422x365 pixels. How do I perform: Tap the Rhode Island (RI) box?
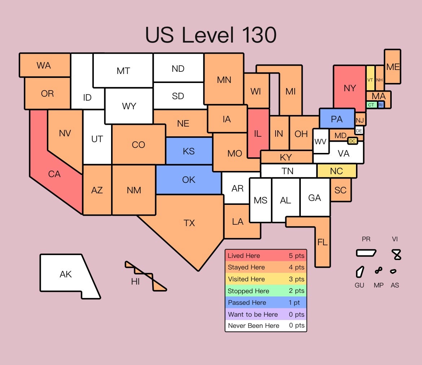(381, 105)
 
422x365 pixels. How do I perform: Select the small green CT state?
(371, 105)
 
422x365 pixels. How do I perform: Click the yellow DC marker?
(352, 141)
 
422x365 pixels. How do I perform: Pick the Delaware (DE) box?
(359, 131)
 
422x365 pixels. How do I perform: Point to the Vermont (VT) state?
(370, 80)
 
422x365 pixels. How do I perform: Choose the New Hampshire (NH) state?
(379, 80)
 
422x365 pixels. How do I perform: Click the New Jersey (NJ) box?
(360, 120)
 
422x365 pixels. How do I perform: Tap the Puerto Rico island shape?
(366, 253)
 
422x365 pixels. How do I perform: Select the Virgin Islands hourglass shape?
(397, 255)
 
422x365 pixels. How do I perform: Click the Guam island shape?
(360, 272)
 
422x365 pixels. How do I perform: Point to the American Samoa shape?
(393, 271)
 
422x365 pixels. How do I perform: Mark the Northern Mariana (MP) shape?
(378, 270)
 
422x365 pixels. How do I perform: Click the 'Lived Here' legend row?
(266, 256)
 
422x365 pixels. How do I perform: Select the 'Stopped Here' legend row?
(266, 291)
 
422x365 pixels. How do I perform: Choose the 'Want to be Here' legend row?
(266, 314)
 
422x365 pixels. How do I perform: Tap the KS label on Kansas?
(189, 151)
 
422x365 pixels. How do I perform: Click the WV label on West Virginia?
(320, 141)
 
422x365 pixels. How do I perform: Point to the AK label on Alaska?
(66, 274)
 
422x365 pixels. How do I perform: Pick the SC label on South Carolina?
(340, 190)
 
